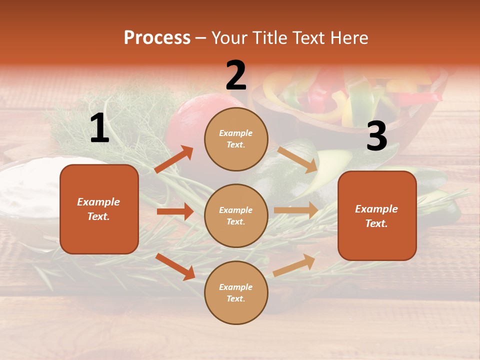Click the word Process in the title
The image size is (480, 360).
(157, 37)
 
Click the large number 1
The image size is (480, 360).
(99, 128)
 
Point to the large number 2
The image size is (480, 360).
(236, 75)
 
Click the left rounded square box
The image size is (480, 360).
(99, 209)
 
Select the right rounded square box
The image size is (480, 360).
(377, 215)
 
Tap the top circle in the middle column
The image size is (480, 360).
(236, 139)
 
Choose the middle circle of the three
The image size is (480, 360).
(236, 215)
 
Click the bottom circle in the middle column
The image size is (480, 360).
(236, 292)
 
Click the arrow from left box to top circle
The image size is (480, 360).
(174, 159)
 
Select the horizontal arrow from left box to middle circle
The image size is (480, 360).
(175, 211)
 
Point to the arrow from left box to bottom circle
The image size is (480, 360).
(175, 266)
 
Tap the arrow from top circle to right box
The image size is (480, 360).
(297, 159)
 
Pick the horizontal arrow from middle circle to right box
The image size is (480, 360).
(296, 210)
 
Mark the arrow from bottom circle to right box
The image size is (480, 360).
(294, 265)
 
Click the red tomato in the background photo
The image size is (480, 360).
(187, 120)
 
